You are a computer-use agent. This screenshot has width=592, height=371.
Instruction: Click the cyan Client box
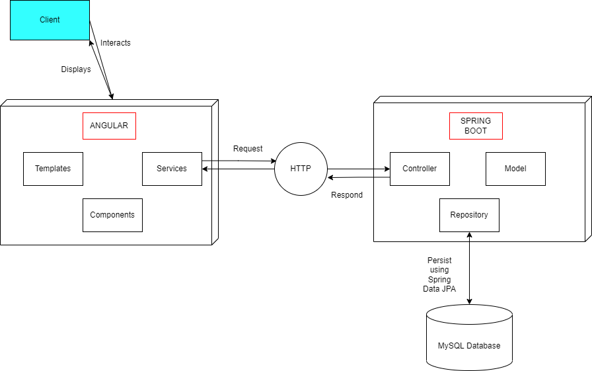(x=50, y=20)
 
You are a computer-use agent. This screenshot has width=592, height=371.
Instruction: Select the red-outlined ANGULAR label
(x=109, y=126)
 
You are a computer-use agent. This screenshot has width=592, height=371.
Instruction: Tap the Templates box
(x=53, y=169)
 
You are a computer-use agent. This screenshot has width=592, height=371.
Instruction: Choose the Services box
(x=172, y=169)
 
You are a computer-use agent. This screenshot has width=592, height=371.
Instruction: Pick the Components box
(x=112, y=215)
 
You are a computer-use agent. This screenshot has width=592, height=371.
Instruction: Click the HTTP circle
(x=301, y=169)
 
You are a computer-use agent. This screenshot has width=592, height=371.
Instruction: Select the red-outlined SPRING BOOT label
(x=476, y=126)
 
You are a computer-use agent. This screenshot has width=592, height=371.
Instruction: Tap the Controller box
(x=420, y=169)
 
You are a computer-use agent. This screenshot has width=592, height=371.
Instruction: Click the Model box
(x=515, y=169)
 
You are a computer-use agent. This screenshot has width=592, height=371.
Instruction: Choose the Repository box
(x=469, y=215)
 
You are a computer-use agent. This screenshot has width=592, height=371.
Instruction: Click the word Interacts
(x=116, y=43)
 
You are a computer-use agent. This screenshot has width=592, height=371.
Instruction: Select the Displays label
(x=76, y=69)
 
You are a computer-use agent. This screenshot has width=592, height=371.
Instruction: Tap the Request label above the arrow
(x=248, y=149)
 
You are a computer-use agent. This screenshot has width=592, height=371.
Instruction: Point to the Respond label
(x=347, y=195)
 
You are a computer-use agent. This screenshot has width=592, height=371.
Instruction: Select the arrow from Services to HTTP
(x=238, y=161)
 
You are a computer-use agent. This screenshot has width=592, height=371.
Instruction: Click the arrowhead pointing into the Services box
(x=205, y=169)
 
